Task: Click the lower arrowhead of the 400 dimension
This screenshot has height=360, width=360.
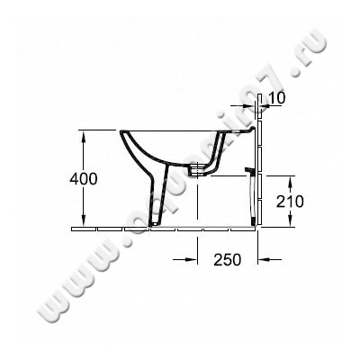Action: [x=84, y=225]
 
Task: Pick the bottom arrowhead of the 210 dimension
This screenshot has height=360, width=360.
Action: [x=285, y=225]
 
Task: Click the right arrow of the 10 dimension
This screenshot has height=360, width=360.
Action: [x=265, y=106]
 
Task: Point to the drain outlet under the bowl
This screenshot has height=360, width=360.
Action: [x=196, y=169]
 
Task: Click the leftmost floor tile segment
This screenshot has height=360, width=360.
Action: [x=79, y=229]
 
